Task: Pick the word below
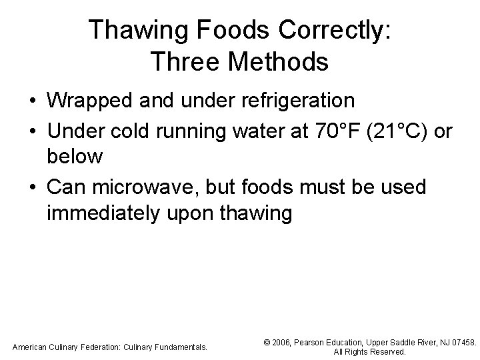[x=75, y=157]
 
